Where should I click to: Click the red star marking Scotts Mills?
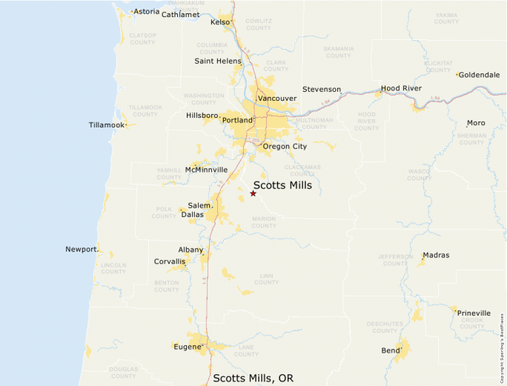click(x=253, y=193)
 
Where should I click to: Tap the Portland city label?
click(x=237, y=120)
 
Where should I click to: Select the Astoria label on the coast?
click(x=146, y=12)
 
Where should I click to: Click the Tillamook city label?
click(x=106, y=124)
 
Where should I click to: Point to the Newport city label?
click(x=81, y=249)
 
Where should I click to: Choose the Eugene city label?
click(x=187, y=346)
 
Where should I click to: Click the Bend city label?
click(x=390, y=350)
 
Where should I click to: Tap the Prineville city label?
click(x=474, y=313)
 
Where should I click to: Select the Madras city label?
click(x=437, y=255)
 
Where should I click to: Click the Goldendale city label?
click(x=479, y=75)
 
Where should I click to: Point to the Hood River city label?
click(x=401, y=88)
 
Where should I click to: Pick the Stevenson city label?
click(x=322, y=89)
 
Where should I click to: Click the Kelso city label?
click(x=220, y=22)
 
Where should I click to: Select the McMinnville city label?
click(x=206, y=170)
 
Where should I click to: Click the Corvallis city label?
click(x=169, y=262)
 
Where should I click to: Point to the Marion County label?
click(x=263, y=222)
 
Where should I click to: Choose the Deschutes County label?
click(x=385, y=327)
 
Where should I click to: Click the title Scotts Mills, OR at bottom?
click(x=253, y=378)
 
